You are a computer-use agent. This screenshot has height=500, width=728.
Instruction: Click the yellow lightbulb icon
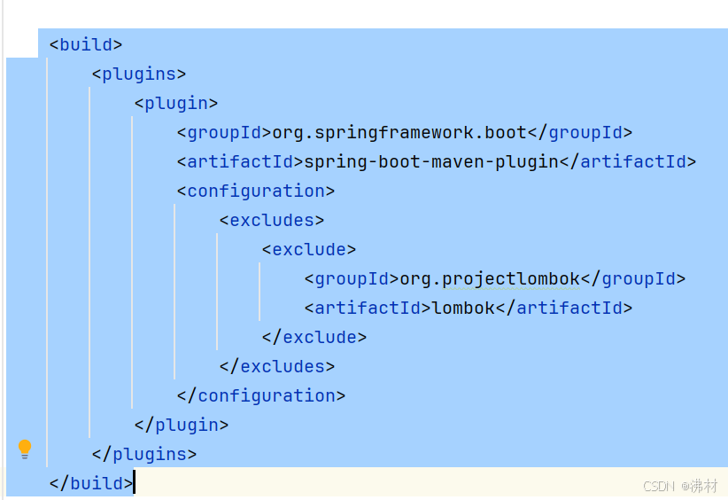point(25,449)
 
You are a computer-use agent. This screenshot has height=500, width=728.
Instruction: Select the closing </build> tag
point(91,483)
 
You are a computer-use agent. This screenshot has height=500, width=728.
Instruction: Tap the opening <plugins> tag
point(139,74)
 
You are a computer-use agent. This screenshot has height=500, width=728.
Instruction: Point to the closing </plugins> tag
point(143,454)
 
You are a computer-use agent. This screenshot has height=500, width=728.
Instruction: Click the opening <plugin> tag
point(176,103)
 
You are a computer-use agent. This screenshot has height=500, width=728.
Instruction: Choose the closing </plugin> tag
point(182,425)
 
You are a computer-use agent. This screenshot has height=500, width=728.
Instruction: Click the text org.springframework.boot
point(399,132)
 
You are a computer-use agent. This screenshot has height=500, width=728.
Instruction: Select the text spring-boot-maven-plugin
point(431,161)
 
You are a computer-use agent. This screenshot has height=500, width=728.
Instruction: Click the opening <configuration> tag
point(256,191)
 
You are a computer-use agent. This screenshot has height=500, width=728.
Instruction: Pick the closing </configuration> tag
point(261,395)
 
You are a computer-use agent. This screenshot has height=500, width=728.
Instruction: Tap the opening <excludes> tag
point(272,220)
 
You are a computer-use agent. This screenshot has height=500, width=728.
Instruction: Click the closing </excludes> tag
point(277,366)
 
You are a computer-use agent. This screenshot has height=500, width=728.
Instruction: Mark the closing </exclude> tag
point(314,337)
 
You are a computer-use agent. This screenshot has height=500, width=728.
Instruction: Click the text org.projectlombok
point(490,278)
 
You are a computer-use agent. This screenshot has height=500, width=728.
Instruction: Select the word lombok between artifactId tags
point(463,308)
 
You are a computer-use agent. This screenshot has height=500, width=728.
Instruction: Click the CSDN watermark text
point(680,486)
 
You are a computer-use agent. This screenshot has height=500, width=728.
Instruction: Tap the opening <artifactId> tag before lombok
point(368,308)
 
